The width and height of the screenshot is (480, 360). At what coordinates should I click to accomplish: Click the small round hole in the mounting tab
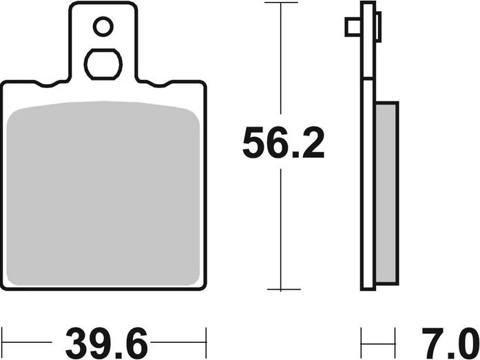(103, 27)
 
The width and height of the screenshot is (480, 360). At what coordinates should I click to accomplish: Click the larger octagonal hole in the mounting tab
(103, 64)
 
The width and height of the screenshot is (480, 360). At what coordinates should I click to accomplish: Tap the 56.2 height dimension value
(283, 142)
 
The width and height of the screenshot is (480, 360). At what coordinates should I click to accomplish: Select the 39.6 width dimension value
(107, 343)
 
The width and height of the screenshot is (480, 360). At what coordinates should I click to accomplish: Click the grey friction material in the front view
(103, 193)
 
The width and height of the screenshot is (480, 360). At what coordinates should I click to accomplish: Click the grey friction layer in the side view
(387, 193)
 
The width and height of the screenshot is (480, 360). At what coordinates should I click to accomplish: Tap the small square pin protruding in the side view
(353, 27)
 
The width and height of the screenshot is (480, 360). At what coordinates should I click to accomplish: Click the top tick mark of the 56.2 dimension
(281, 3)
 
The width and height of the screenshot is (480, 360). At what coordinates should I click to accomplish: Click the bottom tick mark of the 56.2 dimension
(284, 289)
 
